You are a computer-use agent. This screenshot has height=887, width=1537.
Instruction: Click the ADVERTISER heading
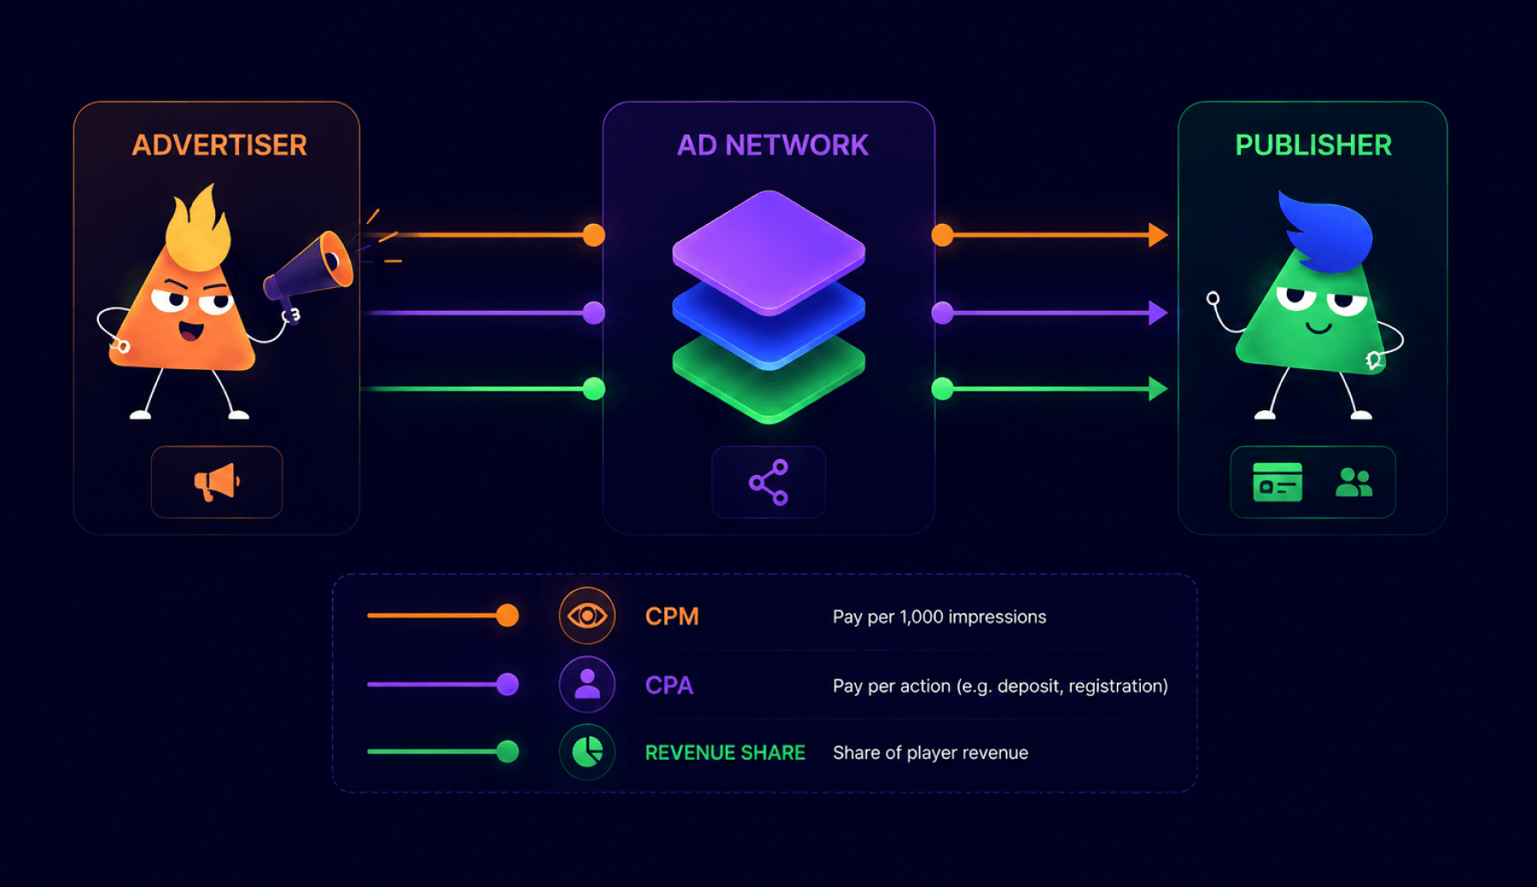point(219,145)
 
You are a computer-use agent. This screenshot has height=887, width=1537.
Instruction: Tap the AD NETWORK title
point(773,145)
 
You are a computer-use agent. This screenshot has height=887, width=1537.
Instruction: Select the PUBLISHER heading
point(1313,145)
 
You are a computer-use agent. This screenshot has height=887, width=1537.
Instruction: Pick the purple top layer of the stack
point(768,251)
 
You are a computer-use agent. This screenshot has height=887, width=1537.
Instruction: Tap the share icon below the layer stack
point(768,483)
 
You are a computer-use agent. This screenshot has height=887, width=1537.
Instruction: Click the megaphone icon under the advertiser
point(217,482)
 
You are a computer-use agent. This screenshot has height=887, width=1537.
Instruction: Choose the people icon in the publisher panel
point(1353,483)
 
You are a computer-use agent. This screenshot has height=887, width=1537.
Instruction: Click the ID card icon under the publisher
point(1277,482)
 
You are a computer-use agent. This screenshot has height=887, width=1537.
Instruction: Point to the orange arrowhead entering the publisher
point(1159,235)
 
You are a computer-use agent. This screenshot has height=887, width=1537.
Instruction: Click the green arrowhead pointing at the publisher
point(1159,389)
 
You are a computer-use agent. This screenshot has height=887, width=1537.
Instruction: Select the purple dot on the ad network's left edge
point(593,313)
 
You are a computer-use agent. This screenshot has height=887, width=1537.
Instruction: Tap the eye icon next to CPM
point(587,615)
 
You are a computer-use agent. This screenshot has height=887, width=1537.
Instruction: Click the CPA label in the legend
point(669,685)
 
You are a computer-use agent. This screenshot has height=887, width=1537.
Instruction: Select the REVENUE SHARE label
point(725,753)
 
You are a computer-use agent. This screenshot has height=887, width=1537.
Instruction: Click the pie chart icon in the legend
point(587,752)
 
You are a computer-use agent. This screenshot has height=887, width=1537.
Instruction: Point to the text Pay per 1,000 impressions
point(939,617)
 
